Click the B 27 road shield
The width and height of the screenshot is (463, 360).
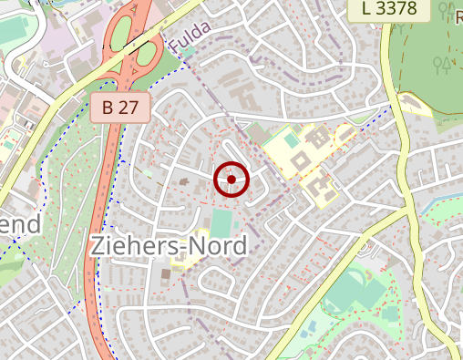120,108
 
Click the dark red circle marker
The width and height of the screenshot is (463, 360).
231,180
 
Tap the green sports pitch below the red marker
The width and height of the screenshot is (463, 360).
221,223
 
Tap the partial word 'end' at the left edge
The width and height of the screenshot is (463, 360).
20,225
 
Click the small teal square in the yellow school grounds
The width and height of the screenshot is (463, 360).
291,140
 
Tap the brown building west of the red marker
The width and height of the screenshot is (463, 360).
187,183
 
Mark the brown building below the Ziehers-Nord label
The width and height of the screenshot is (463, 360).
166,273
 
